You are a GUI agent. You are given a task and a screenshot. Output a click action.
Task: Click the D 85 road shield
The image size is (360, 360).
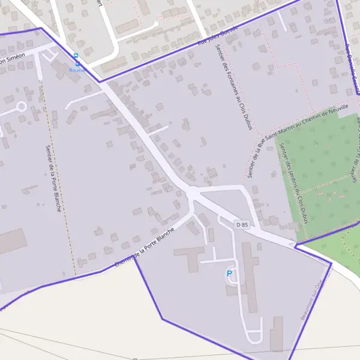[x=242, y=224]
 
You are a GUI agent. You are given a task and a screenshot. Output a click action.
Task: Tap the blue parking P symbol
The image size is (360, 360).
[x=229, y=274]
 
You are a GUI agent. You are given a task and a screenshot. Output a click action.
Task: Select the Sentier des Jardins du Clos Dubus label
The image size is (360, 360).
[x=296, y=186]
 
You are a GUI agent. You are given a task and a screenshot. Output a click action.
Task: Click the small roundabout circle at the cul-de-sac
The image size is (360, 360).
[x=21, y=107]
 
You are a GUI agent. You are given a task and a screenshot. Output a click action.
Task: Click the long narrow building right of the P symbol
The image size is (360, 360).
[x=250, y=276]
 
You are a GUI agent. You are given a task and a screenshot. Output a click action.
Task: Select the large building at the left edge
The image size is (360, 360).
[x=12, y=241]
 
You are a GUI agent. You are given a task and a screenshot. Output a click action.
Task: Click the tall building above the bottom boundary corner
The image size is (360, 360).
[x=277, y=334]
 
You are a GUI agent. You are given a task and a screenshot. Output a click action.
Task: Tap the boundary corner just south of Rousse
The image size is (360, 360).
[x=100, y=82]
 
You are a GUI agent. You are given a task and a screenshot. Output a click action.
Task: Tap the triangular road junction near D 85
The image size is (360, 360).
[x=192, y=194]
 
